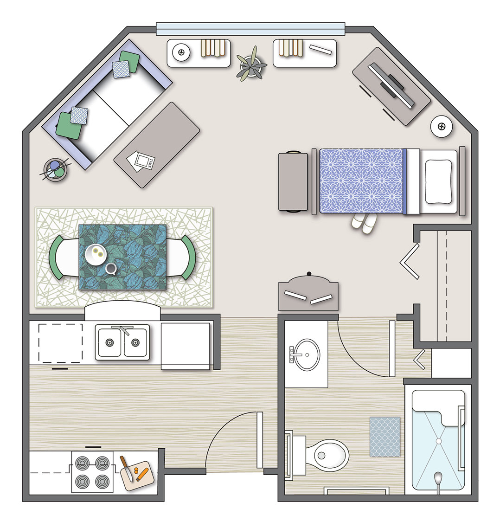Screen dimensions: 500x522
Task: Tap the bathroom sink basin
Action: pos(306,355)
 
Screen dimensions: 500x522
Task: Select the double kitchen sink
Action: pos(122,342)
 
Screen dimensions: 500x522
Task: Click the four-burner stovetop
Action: pos(92,472)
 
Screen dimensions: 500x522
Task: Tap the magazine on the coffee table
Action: pos(141,161)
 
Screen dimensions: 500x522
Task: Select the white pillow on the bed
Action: pos(438,182)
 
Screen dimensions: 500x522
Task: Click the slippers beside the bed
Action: pos(364,223)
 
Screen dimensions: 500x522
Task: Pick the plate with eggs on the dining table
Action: pos(96,255)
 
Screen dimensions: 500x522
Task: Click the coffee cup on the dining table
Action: pos(111,269)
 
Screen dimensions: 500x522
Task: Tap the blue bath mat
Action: pos(385,437)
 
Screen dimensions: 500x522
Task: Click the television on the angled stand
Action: pos(391,85)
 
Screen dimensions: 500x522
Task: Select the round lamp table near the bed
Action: pos(442,127)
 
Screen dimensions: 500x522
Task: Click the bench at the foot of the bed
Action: pos(293,182)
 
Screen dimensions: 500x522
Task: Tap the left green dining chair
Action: pos(57,258)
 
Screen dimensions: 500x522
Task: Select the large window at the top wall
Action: pos(250,29)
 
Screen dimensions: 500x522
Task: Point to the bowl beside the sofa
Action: pos(56,169)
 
